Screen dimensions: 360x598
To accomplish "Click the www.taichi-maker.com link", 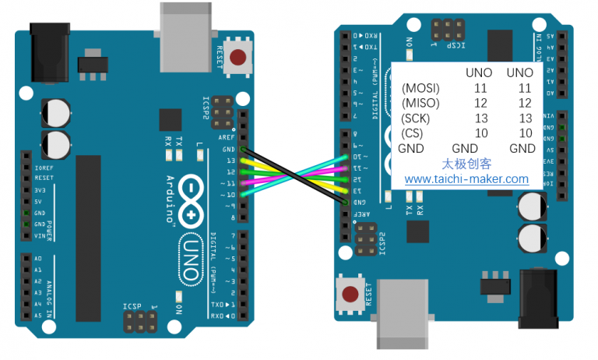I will coord(466,179).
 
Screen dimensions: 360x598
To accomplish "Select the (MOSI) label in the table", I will coord(420,88).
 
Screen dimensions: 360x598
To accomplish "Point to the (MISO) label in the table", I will coord(420,103).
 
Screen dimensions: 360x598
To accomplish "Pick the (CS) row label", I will coord(414,132).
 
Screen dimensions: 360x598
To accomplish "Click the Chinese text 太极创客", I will coord(466,164).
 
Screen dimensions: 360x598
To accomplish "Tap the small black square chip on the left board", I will coord(170,120).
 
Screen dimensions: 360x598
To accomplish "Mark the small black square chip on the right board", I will coord(418,232).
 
